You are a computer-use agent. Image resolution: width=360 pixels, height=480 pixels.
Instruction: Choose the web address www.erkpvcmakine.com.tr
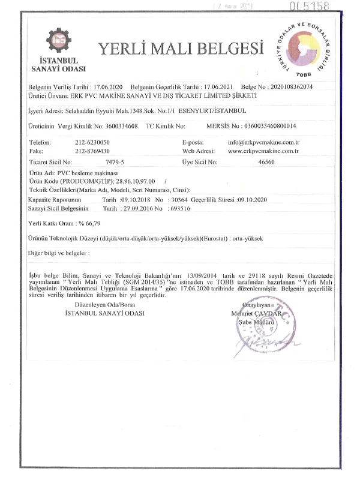pyautogui.click(x=263, y=151)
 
